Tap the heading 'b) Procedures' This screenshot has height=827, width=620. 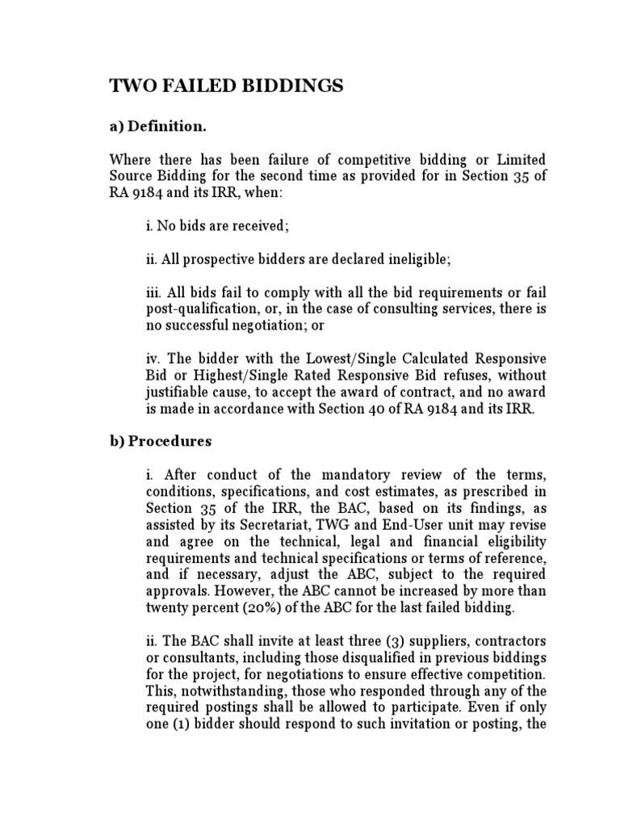click(161, 441)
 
